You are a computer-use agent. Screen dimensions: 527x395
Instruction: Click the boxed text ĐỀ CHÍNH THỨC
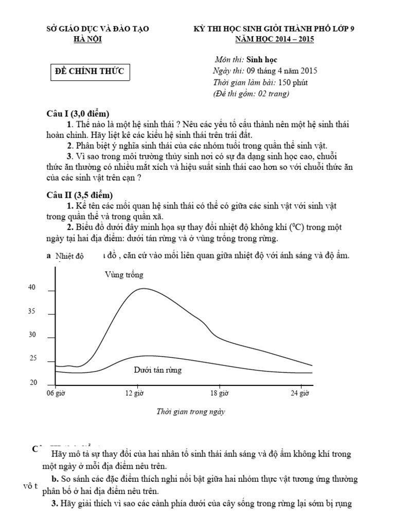(x=89, y=71)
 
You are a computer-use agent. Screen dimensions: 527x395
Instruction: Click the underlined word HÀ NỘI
(x=88, y=39)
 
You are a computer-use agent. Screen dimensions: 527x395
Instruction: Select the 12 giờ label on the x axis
(x=136, y=394)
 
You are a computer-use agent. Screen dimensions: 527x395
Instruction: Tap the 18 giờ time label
(x=220, y=394)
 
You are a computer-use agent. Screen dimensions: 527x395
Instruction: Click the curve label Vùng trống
(x=124, y=275)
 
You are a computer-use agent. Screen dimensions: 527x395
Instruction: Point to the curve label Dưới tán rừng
(x=157, y=370)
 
